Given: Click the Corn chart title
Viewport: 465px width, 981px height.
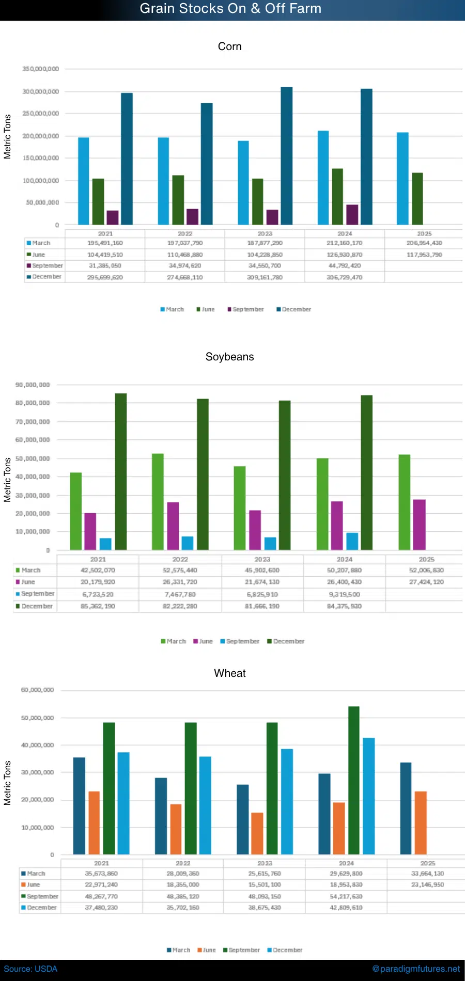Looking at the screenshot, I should pyautogui.click(x=230, y=46).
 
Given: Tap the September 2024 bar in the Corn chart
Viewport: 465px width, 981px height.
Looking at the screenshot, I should pyautogui.click(x=352, y=215).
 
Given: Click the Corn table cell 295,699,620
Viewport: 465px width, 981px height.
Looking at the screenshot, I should pyautogui.click(x=105, y=277).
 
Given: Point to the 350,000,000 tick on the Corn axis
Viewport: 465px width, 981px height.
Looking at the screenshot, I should pyautogui.click(x=41, y=69).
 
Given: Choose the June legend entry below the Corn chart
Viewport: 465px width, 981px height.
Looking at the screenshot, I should pyautogui.click(x=206, y=309).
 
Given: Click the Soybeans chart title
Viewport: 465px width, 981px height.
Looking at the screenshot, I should pyautogui.click(x=230, y=357).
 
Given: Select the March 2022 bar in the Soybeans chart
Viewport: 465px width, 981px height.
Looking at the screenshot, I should pyautogui.click(x=158, y=501).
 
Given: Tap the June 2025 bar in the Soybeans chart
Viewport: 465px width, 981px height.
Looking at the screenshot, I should pyautogui.click(x=419, y=525).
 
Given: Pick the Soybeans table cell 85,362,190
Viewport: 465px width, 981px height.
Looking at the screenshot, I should pyautogui.click(x=98, y=606).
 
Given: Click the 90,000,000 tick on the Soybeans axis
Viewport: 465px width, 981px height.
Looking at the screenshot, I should pyautogui.click(x=33, y=385).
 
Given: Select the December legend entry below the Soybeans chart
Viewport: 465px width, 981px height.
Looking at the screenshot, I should pyautogui.click(x=286, y=641).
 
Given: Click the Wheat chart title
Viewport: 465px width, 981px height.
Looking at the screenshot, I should pyautogui.click(x=230, y=673).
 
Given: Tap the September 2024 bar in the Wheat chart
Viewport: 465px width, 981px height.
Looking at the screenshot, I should pyautogui.click(x=354, y=780).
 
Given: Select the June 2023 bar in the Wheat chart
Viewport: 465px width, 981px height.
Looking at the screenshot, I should pyautogui.click(x=257, y=833).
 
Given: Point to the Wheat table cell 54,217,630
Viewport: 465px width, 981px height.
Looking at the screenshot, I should pyautogui.click(x=346, y=896).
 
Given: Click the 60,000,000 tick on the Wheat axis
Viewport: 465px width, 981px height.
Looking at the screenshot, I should pyautogui.click(x=37, y=690).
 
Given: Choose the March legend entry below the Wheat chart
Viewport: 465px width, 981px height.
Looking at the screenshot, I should pyautogui.click(x=179, y=950).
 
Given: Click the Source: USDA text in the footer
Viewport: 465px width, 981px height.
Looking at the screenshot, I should pyautogui.click(x=31, y=969).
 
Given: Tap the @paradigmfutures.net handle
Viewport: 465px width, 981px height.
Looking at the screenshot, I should pyautogui.click(x=416, y=969).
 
